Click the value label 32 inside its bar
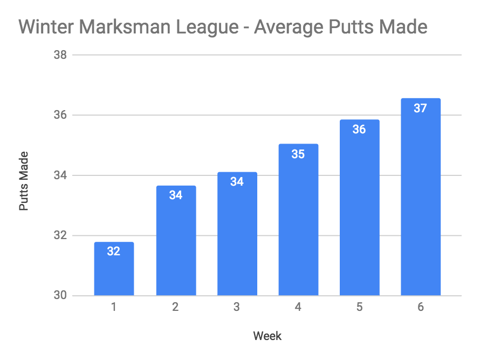tap(114, 251)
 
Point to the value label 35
tap(298, 154)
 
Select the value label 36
tap(359, 130)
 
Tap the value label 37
tap(421, 108)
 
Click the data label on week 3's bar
tap(237, 182)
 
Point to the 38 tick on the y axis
tap(59, 55)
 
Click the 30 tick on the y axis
tap(59, 296)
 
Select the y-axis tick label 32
tap(59, 236)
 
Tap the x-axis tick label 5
tap(359, 308)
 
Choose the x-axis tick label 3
tap(237, 308)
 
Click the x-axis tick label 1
tap(114, 308)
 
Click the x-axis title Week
tap(268, 336)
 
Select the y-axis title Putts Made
tap(24, 181)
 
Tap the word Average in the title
tap(291, 26)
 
